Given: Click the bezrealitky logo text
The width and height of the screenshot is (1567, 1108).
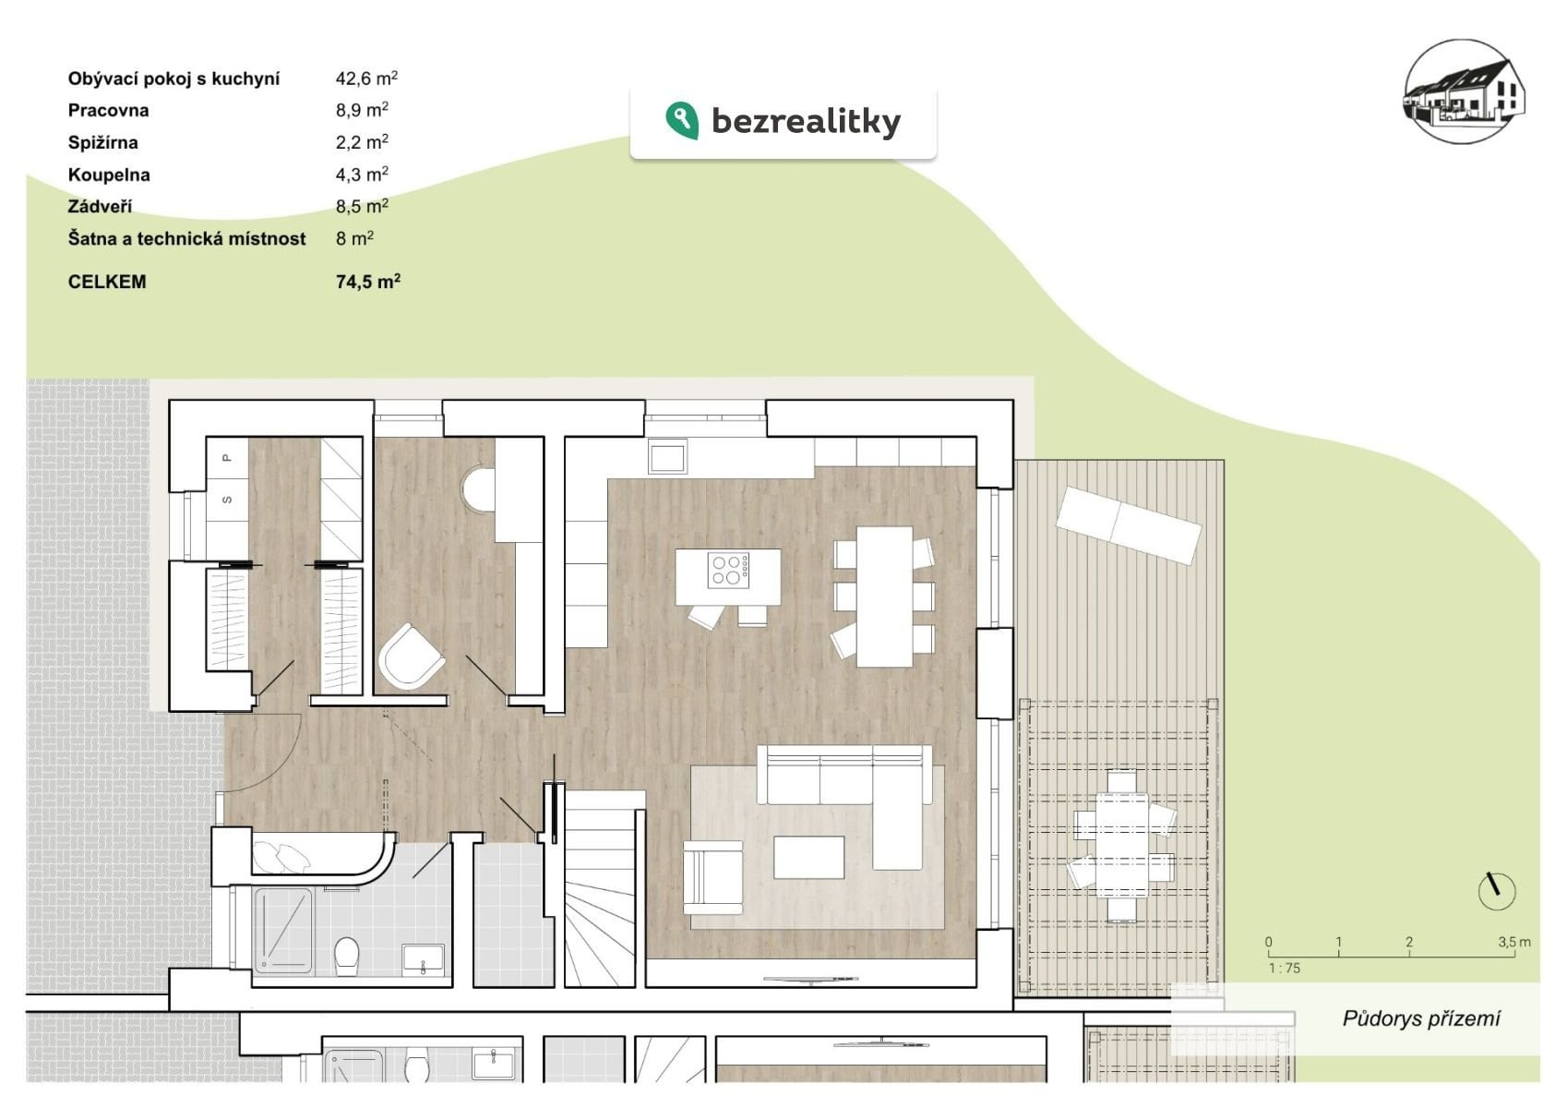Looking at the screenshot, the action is coord(806,121).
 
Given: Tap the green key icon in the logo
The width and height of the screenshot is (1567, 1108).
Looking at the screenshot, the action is coord(681,120).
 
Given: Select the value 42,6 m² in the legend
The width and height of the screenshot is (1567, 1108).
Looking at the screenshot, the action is coord(366,78).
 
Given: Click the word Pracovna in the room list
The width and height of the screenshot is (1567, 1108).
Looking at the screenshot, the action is coord(108,111).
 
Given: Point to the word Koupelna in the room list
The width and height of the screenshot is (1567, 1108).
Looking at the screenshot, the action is coord(109,175).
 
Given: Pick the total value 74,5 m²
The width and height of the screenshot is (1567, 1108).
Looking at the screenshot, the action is coord(368,282).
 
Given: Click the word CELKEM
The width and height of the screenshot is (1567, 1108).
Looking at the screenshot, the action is coord(107,282).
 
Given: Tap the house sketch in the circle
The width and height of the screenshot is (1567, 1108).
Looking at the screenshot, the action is coord(1465,91).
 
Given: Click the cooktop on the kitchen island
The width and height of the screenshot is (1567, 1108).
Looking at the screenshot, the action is coord(728,570).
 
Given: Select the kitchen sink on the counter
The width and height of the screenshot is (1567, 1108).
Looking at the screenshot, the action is coord(667,456).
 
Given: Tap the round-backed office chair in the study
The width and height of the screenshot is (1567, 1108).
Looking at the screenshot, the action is coord(411,657).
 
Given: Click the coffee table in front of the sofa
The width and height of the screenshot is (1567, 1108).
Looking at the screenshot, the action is coord(808,857).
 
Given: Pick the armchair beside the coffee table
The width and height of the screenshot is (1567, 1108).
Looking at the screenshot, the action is coord(712,877).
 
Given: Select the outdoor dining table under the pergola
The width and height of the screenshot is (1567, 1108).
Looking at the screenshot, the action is coord(1122,845).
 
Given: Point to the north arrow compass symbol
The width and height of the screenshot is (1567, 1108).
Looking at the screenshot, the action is coord(1496,891).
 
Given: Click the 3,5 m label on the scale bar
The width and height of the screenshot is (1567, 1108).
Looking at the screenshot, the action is coord(1513,942).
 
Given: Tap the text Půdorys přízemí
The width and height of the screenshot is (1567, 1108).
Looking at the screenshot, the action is coord(1421,1018).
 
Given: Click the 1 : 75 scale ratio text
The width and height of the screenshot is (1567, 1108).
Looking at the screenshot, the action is coord(1285,968).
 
